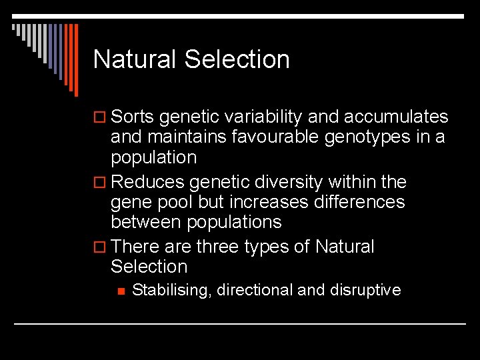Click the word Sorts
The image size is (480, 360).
coord(133,117)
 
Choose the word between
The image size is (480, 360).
coord(148,221)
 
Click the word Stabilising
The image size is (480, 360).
coord(171,290)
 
